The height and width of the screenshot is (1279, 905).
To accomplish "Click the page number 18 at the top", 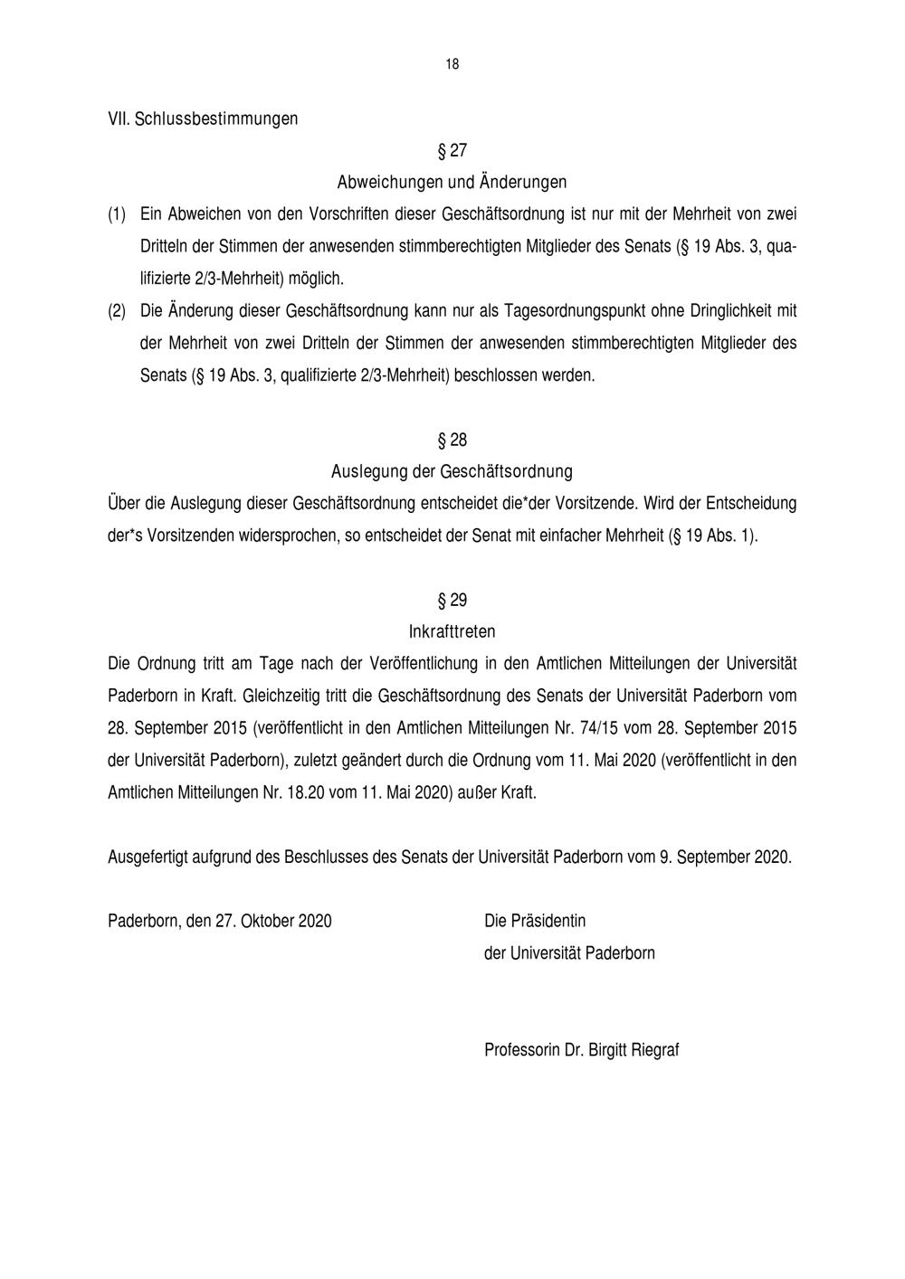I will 452,64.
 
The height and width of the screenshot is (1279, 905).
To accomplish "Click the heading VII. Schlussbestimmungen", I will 203,118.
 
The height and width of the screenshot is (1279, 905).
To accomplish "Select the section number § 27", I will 452,150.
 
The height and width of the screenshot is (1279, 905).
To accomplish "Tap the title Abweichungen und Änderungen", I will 452,182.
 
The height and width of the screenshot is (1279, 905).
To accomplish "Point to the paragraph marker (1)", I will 117,214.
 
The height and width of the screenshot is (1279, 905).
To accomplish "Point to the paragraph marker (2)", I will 117,311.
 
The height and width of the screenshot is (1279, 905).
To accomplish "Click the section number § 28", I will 452,441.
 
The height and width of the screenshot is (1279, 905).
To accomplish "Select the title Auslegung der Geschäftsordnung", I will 452,471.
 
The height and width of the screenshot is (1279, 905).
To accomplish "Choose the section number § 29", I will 452,601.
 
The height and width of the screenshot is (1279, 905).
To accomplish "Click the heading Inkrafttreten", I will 452,631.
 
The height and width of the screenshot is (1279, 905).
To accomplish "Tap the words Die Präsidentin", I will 535,921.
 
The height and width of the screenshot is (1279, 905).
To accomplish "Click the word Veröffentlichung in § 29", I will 424,663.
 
